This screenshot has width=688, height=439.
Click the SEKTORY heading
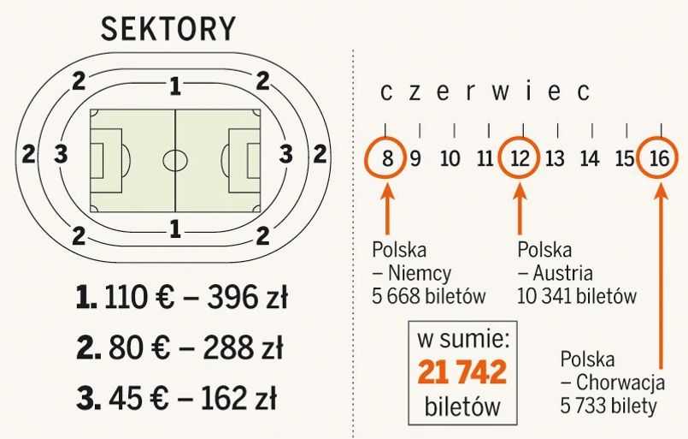pos(168,30)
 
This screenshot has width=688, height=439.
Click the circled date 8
pos(387,158)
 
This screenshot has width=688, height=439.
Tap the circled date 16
pos(659,158)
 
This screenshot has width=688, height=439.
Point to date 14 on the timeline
pos(590,158)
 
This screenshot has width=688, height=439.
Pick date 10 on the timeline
pos(450,158)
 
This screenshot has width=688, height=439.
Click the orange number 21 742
pos(462,372)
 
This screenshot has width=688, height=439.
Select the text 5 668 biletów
pos(429,297)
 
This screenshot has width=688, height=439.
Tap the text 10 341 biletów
pos(577,297)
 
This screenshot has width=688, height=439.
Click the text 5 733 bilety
pos(609,406)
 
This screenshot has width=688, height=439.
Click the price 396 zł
pos(246,298)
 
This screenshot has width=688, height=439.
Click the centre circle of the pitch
pos(175,159)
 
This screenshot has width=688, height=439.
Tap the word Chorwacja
pos(619,383)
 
